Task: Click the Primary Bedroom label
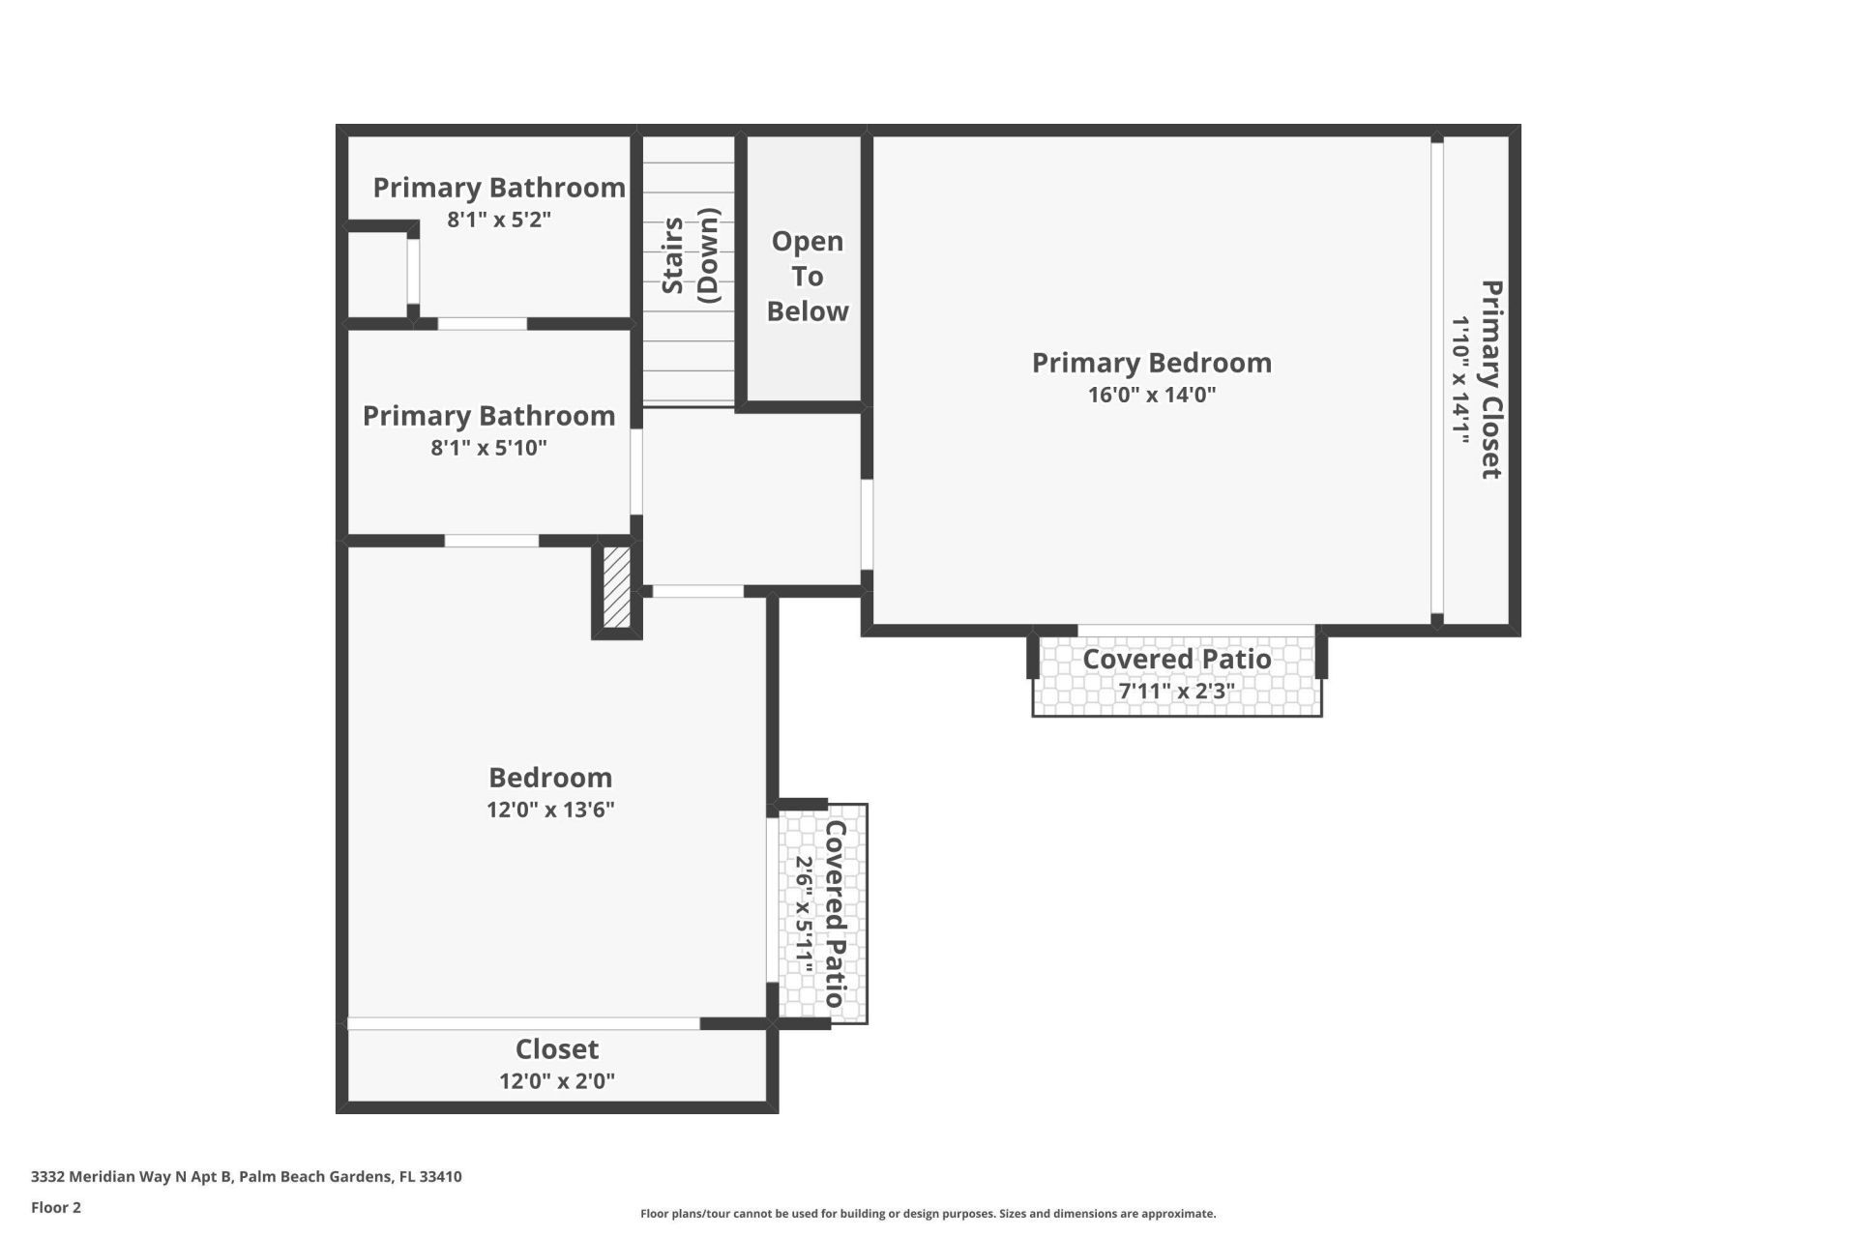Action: pos(1151,363)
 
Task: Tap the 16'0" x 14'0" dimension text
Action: pos(1151,395)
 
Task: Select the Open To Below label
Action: pos(807,276)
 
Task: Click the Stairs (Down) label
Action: pos(691,255)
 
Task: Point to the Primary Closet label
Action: pos(1491,379)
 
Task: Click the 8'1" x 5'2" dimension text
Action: pos(498,220)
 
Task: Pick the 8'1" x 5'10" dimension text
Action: pos(488,448)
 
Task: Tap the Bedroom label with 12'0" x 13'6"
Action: pos(549,778)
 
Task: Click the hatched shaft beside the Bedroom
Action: pos(616,587)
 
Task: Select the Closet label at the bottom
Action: pos(556,1049)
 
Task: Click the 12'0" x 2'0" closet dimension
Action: pos(556,1081)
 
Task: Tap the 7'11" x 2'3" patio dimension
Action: pos(1176,692)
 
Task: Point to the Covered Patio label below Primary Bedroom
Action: pos(1176,660)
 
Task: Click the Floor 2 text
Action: pos(56,1207)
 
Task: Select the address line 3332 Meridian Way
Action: pos(246,1177)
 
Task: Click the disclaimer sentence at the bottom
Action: pos(928,1214)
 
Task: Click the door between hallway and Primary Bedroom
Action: pos(867,524)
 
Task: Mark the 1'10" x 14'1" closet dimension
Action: pos(1459,379)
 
